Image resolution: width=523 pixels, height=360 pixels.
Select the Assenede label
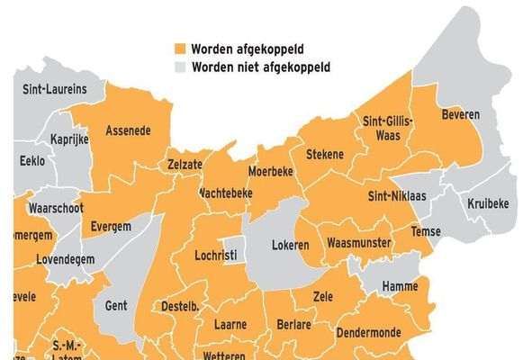[128, 130]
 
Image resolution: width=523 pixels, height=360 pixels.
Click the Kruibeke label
[489, 204]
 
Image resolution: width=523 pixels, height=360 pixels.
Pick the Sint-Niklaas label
[397, 195]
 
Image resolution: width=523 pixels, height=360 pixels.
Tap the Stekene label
[325, 155]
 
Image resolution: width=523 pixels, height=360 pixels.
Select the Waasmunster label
[357, 244]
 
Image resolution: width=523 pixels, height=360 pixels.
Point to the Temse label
[426, 231]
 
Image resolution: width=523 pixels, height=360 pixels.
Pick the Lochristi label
[216, 256]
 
